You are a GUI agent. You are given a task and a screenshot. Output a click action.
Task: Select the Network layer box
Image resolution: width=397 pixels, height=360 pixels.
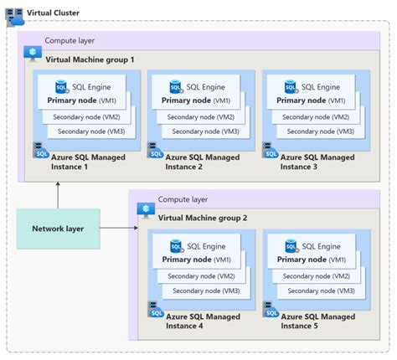(x=57, y=229)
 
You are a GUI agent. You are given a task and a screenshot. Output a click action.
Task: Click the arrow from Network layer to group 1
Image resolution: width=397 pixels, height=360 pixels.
(x=57, y=194)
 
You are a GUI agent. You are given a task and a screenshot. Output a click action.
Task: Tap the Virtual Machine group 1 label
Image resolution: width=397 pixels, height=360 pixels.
(x=90, y=59)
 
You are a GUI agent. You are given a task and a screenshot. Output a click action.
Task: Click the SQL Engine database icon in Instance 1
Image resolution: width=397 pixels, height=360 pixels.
(x=62, y=86)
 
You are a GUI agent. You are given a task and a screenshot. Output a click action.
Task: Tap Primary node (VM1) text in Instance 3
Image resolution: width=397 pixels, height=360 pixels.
(x=311, y=100)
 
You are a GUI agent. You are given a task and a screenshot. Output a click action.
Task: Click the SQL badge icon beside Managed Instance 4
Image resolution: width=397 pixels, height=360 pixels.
(x=156, y=309)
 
